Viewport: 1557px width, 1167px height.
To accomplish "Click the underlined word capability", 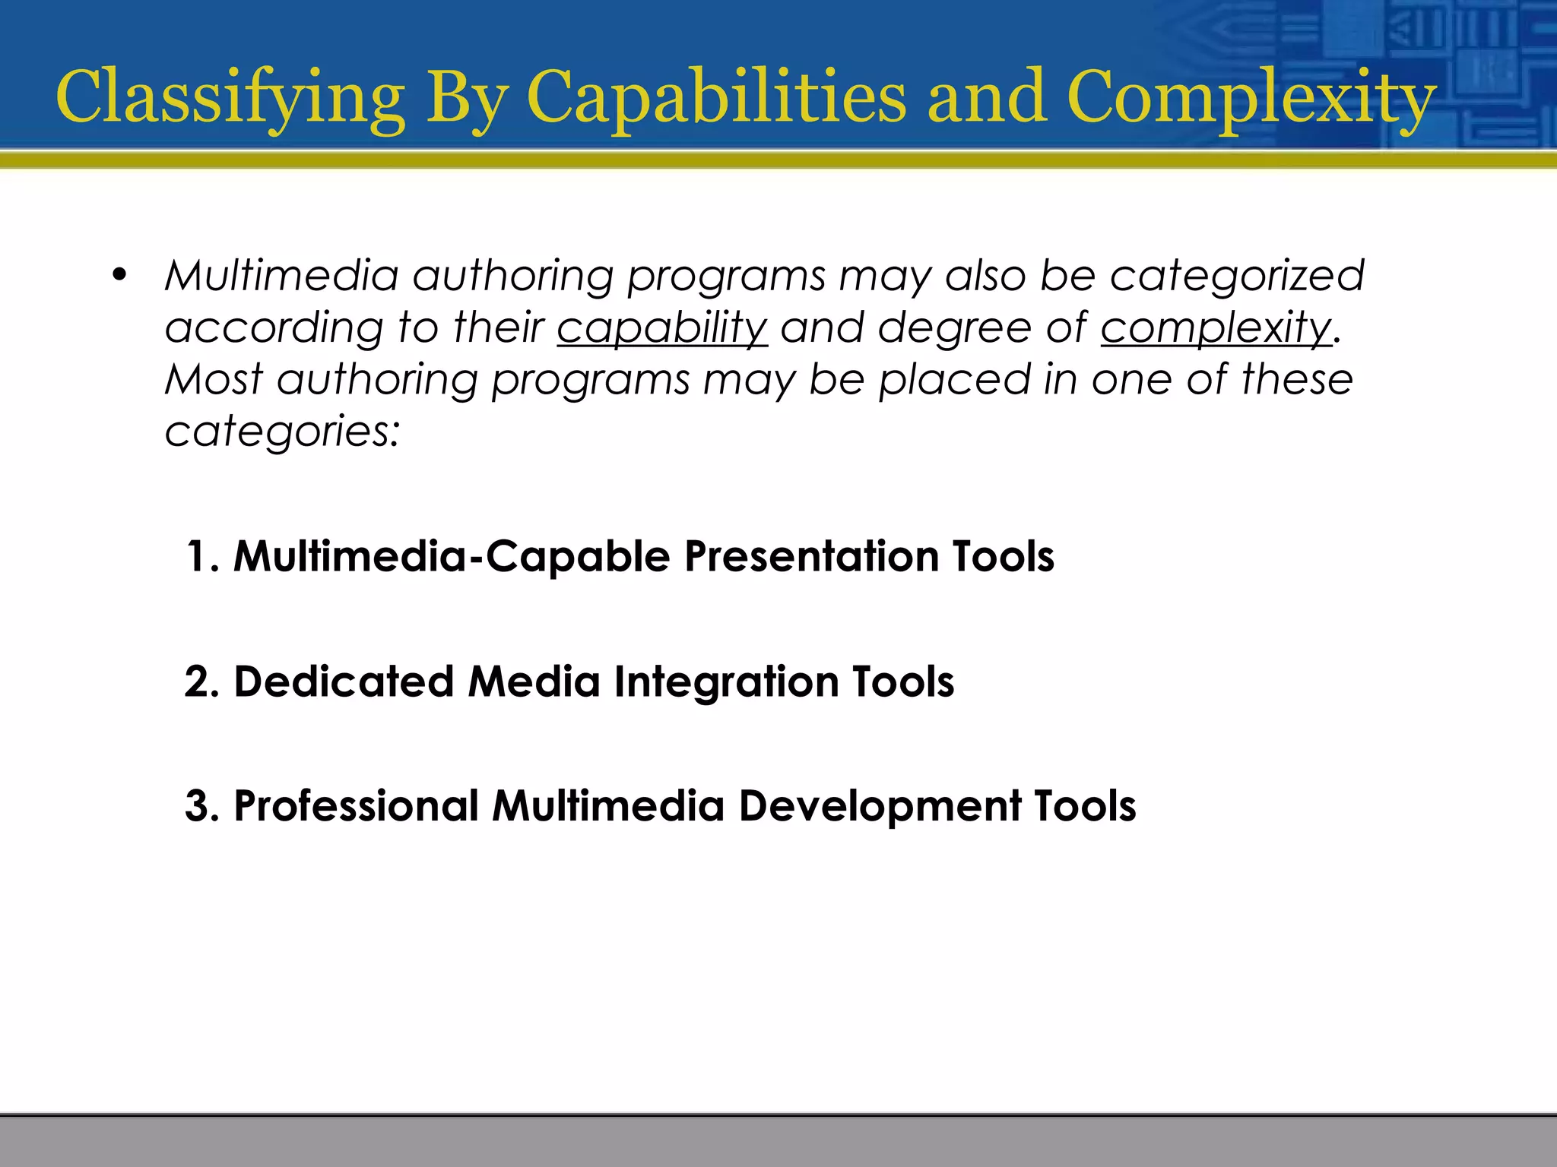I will [662, 328].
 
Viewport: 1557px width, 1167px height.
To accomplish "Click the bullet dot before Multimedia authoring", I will [118, 276].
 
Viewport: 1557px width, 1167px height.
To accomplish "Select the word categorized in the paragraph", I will [1237, 276].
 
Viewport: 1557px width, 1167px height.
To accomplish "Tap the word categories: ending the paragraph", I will [282, 432].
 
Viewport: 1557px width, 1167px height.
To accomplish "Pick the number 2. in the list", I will [202, 682].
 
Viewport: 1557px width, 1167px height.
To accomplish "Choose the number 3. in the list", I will [202, 806].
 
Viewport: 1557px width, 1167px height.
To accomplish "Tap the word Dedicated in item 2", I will [344, 682].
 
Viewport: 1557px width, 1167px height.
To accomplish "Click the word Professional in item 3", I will [356, 806].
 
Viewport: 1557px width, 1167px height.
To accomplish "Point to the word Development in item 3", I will [880, 806].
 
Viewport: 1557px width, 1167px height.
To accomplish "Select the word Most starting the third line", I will [214, 379].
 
